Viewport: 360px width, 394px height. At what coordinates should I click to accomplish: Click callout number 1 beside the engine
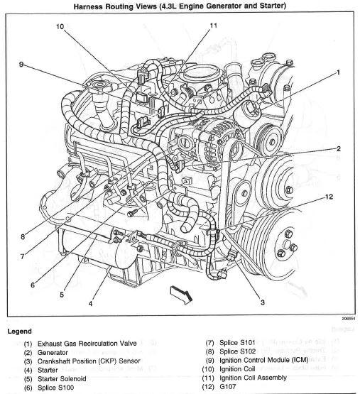pos(338,72)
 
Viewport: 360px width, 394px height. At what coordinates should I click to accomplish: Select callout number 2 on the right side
pos(338,148)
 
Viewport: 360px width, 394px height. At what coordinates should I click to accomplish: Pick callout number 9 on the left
pos(21,65)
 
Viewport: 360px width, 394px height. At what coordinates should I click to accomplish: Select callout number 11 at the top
pos(212,26)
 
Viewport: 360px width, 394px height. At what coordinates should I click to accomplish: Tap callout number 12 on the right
pos(329,197)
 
